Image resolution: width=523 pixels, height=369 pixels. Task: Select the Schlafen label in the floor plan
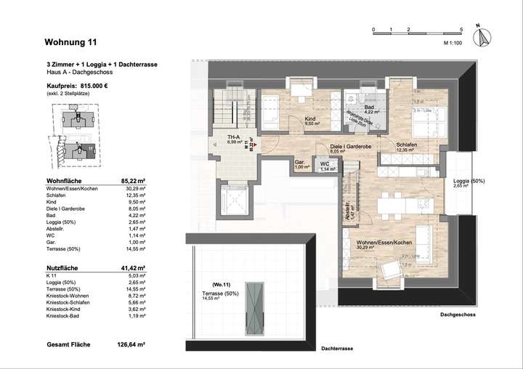coord(406,145)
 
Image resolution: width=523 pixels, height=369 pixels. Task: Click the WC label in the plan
coord(325,163)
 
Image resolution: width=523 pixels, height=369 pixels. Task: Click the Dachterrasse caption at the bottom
coord(339,349)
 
